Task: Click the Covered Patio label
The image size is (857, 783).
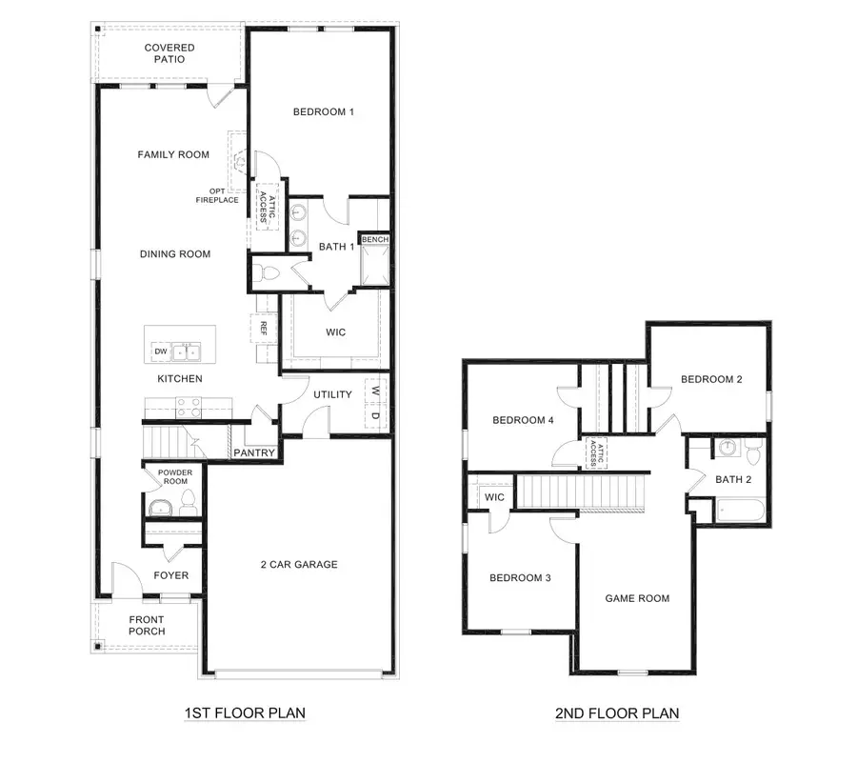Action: coord(169,53)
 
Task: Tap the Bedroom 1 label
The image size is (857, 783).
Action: coord(323,112)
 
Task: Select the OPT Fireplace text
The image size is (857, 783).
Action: coord(217,195)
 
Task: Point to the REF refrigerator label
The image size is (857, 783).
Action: coord(264,329)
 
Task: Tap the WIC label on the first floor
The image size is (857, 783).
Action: coord(335,332)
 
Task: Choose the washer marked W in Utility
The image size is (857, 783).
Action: coord(376,391)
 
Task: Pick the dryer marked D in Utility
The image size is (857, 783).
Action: coord(376,415)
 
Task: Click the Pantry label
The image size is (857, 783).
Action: coord(254,453)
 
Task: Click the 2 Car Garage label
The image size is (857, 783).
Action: coord(299,565)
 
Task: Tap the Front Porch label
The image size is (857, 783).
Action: coord(147,626)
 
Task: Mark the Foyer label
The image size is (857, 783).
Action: coord(171,575)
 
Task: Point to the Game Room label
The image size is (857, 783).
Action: coord(637,599)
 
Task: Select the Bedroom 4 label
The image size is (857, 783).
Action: coord(522,421)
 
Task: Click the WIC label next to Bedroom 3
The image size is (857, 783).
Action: coord(494,497)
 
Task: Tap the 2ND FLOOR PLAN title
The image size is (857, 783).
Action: coord(617,713)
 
